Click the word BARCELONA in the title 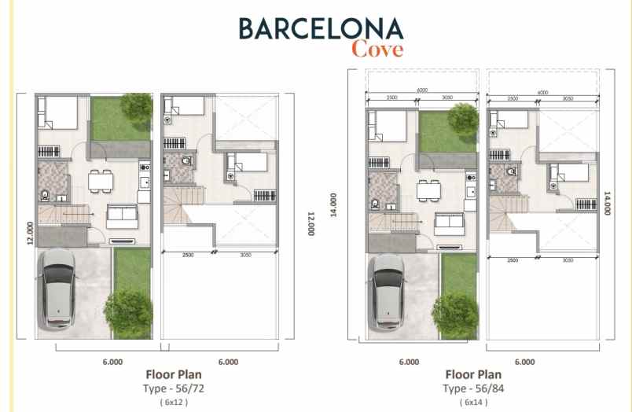point(321,28)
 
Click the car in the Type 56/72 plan point(59,288)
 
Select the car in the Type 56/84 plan point(388,290)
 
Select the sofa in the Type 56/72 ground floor point(122,215)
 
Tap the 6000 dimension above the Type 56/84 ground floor point(422,90)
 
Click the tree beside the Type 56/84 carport point(455,315)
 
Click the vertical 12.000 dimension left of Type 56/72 point(29,234)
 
